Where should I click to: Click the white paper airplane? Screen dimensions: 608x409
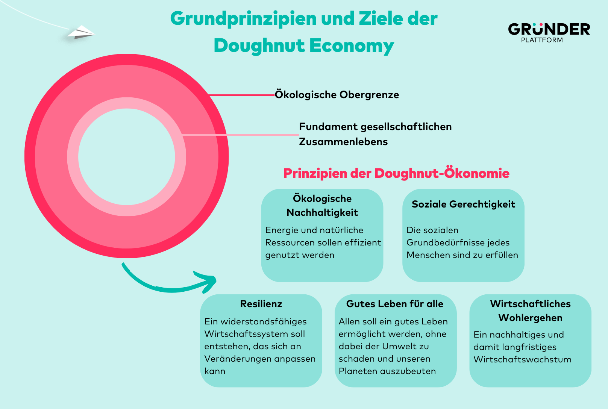click(x=82, y=33)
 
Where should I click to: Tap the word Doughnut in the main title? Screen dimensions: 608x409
click(x=259, y=45)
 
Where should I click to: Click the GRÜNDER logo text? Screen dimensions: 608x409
click(x=549, y=29)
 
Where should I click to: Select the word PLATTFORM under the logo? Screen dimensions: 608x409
click(x=542, y=40)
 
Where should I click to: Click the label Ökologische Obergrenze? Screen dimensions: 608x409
click(x=337, y=95)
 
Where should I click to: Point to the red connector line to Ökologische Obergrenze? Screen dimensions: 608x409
click(x=241, y=95)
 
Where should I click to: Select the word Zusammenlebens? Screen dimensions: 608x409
click(x=343, y=142)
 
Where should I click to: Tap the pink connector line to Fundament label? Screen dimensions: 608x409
click(x=240, y=135)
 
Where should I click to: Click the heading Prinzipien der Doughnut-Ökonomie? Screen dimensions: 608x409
click(x=396, y=173)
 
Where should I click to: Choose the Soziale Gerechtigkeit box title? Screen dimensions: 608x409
click(x=463, y=204)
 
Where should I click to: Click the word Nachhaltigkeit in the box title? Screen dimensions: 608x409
click(x=322, y=212)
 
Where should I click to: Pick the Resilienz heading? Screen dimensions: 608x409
click(x=261, y=304)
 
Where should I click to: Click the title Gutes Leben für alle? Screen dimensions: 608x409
click(x=395, y=304)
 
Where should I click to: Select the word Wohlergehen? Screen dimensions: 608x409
click(x=531, y=318)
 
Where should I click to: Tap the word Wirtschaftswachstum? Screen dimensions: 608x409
click(x=523, y=360)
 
